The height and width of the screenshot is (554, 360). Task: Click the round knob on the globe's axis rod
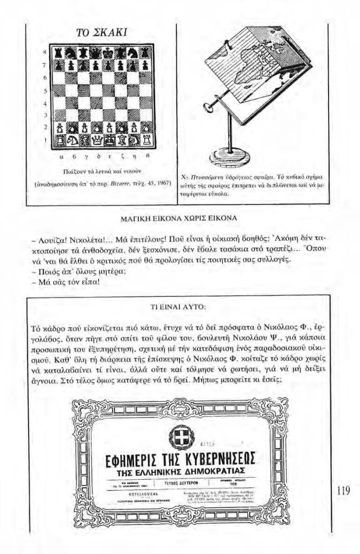click(x=208, y=108)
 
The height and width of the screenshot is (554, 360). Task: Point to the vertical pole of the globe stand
click(x=230, y=133)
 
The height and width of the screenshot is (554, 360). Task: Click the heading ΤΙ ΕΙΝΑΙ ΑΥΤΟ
click(x=178, y=307)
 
